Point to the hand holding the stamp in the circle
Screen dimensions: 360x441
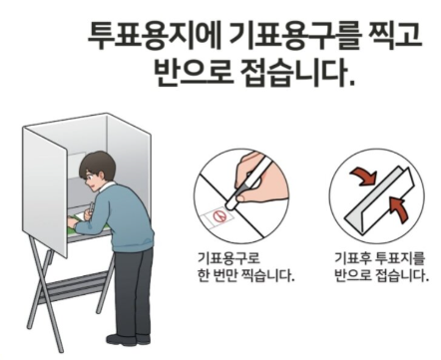267,172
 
